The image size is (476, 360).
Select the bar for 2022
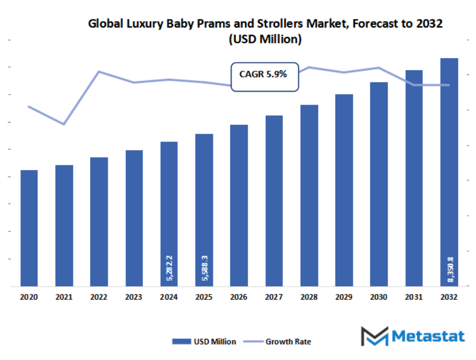[99, 222]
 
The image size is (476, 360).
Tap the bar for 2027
[274, 201]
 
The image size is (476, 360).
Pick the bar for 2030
[379, 184]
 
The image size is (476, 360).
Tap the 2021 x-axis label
[64, 298]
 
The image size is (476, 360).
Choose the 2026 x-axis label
[239, 298]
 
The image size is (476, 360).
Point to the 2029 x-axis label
[344, 298]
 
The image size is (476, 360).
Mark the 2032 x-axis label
[449, 298]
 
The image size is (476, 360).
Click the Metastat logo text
[428, 336]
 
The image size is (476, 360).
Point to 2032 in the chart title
[429, 24]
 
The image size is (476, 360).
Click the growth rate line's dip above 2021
[64, 125]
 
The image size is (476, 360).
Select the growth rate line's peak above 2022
[99, 71]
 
